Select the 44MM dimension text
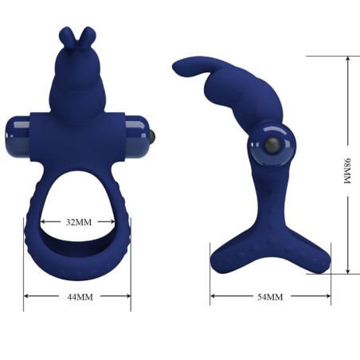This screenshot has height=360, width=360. [77, 296]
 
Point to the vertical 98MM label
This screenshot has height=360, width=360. [347, 170]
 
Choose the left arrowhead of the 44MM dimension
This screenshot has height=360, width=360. [26, 296]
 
